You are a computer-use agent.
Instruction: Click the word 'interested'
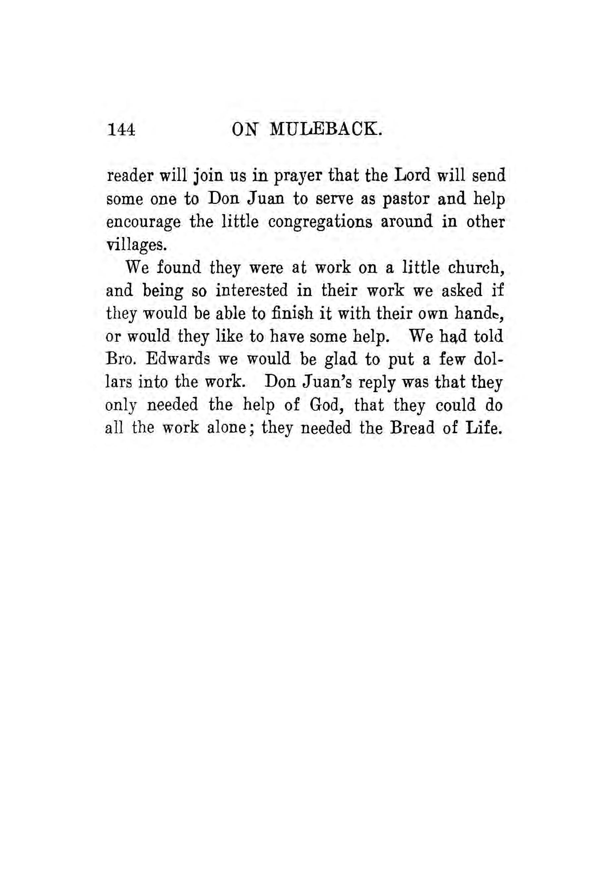tap(251, 291)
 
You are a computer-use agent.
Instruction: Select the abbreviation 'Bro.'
tap(120, 359)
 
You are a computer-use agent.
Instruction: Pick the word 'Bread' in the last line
tap(411, 428)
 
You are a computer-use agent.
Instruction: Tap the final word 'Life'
tap(483, 428)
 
